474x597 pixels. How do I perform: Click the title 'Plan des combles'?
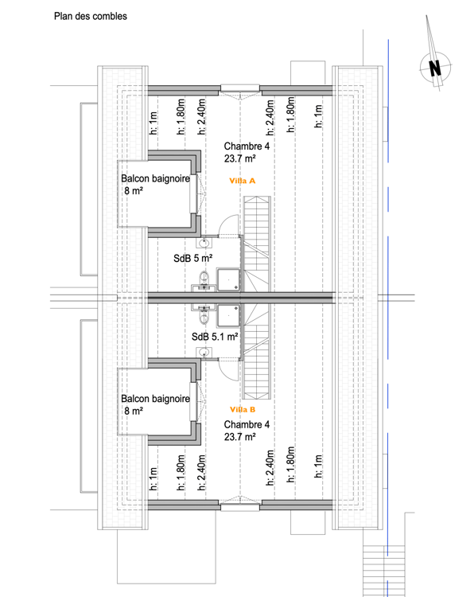pos(90,16)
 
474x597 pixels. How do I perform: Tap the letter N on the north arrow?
pos(435,68)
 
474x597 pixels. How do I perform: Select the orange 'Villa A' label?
pos(242,181)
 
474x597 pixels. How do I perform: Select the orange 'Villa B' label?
pos(242,409)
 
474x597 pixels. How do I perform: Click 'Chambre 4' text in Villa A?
pos(247,146)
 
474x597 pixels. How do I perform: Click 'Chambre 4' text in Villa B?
pos(247,424)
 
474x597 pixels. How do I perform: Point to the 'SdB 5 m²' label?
pos(194,259)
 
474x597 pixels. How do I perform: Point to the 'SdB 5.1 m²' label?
pos(216,337)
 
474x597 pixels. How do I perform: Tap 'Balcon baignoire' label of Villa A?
pos(156,180)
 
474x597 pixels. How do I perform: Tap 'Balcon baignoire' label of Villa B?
pos(156,399)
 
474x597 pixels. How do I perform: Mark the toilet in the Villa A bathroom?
pos(204,278)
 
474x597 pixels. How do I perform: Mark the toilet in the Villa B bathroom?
pos(204,317)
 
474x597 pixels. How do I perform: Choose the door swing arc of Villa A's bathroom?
pos(230,226)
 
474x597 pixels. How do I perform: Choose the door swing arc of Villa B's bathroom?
pos(230,368)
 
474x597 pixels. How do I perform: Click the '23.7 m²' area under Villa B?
pos(239,437)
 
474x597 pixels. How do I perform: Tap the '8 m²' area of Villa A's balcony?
pos(133,193)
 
